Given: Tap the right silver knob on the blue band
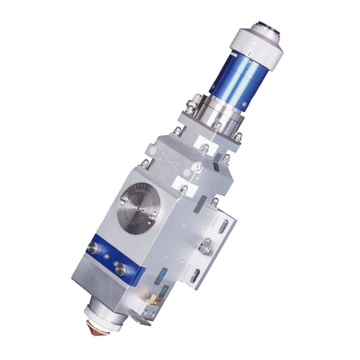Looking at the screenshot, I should [121, 268].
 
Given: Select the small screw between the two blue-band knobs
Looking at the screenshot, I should [105, 257].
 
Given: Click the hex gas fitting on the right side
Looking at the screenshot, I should [207, 247].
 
